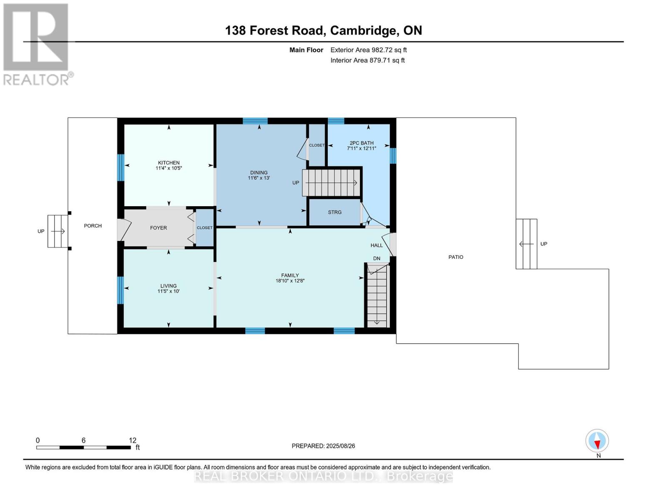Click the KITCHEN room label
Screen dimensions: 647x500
[169, 162]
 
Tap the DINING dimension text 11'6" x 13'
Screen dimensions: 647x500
[259, 178]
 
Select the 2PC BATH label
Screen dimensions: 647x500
[362, 143]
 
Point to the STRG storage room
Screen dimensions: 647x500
[335, 212]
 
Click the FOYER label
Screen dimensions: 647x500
[158, 228]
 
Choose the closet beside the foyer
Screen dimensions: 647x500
[205, 228]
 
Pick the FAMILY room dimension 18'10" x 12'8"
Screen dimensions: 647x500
[290, 280]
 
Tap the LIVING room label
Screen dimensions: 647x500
[169, 285]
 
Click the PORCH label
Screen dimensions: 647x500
[93, 226]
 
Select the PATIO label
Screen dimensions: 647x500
[456, 257]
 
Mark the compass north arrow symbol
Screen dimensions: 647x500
[597, 440]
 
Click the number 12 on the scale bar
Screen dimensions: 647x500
[132, 440]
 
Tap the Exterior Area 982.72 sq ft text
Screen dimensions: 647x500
[369, 50]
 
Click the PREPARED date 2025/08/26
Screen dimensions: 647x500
[341, 446]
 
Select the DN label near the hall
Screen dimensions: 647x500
[377, 258]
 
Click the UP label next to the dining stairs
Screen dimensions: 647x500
[296, 182]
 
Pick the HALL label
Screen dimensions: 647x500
[377, 245]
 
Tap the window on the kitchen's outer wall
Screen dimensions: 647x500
[120, 167]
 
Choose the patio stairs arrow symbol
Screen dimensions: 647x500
[527, 244]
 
